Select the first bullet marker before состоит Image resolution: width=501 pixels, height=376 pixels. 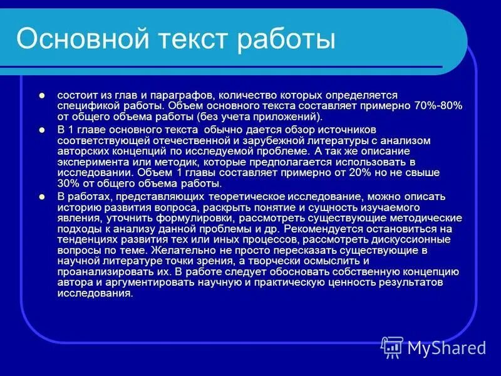42,95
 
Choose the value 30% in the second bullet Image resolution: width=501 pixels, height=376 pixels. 68,184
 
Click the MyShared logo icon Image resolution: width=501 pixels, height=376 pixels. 392,347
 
